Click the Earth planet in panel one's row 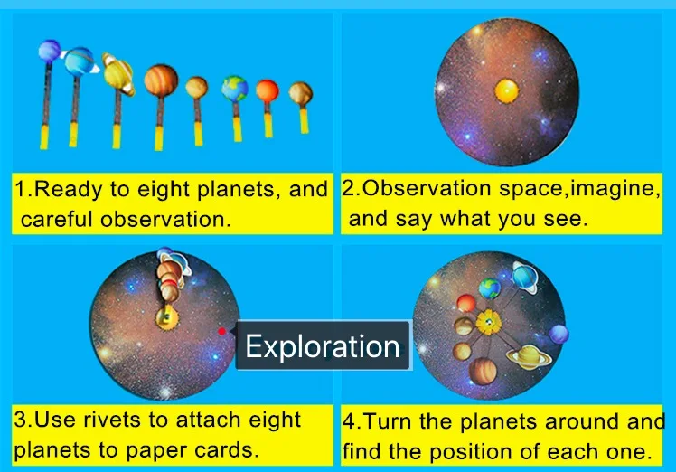(235, 89)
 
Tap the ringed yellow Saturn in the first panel (117, 73)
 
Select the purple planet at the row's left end (50, 51)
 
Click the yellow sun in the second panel (507, 91)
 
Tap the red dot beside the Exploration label (221, 331)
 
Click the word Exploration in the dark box (323, 346)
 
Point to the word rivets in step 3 (114, 420)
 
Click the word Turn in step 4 (388, 421)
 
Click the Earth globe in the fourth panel (489, 288)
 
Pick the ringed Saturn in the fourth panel (529, 357)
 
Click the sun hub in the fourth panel (488, 322)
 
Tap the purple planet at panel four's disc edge (559, 335)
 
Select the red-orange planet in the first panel (268, 91)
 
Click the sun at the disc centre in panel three (167, 317)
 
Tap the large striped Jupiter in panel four (483, 371)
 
